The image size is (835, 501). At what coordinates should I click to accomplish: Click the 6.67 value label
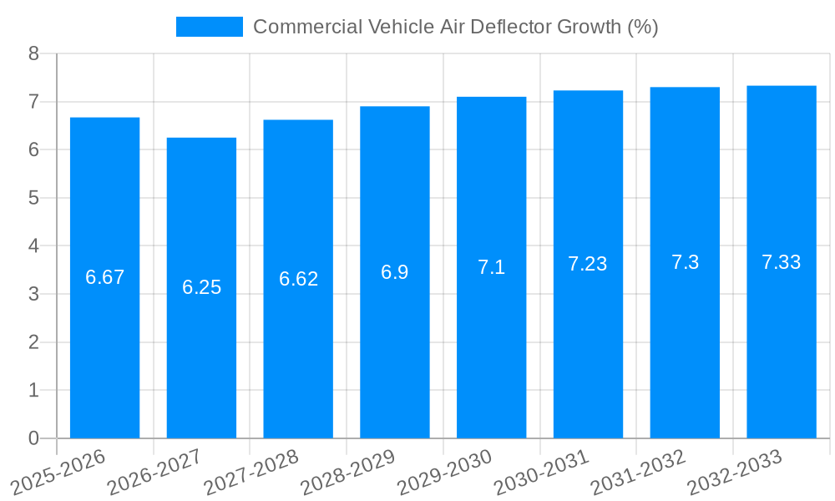(x=104, y=278)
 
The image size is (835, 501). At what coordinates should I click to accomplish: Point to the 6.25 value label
(x=201, y=288)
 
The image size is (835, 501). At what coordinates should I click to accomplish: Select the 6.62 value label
(x=298, y=280)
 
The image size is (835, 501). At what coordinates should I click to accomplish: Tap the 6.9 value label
(x=394, y=272)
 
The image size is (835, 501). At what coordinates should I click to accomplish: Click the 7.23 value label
(x=588, y=265)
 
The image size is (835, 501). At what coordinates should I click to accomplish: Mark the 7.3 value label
(x=685, y=263)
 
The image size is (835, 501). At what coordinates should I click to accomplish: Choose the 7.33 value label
(x=781, y=262)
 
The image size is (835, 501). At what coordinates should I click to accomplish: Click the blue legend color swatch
(x=209, y=27)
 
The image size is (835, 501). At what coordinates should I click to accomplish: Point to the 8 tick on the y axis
(x=33, y=53)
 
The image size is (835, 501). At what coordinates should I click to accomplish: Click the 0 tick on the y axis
(x=33, y=438)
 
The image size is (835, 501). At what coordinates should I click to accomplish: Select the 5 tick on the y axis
(x=33, y=198)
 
